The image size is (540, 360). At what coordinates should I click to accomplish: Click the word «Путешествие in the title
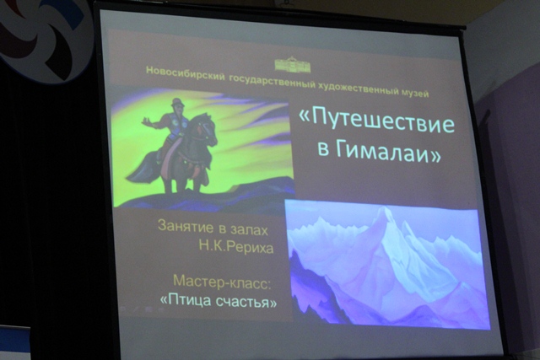pyautogui.click(x=376, y=123)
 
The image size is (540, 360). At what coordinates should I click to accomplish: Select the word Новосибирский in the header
pyautogui.click(x=186, y=73)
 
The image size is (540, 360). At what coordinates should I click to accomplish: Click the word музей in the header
pyautogui.click(x=415, y=92)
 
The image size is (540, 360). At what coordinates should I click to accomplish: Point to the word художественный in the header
pyautogui.click(x=358, y=89)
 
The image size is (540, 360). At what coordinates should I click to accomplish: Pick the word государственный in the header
pyautogui.click(x=272, y=81)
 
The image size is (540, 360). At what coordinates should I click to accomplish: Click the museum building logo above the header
pyautogui.click(x=293, y=65)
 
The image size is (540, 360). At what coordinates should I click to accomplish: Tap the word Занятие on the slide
pyautogui.click(x=186, y=226)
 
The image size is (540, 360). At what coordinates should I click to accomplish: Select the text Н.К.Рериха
pyautogui.click(x=236, y=247)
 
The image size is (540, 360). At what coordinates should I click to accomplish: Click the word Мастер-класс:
pyautogui.click(x=222, y=282)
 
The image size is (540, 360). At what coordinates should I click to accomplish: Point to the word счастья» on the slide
pyautogui.click(x=246, y=302)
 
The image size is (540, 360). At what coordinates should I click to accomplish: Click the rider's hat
pyautogui.click(x=178, y=102)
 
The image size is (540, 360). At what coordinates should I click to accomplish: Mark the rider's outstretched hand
pyautogui.click(x=146, y=121)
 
